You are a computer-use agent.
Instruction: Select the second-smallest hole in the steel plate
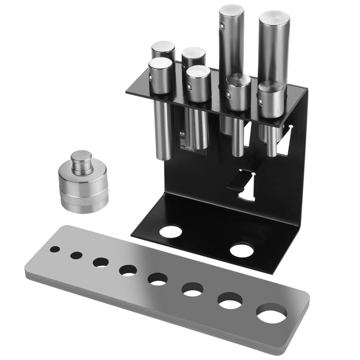click(x=77, y=255)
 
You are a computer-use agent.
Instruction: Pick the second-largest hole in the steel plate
click(x=230, y=300)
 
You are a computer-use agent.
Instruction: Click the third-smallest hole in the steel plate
click(x=101, y=262)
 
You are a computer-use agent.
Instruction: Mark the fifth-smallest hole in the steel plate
click(x=158, y=279)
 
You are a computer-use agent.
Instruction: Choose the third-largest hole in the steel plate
click(x=192, y=290)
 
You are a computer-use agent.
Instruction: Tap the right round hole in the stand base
click(x=241, y=251)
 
